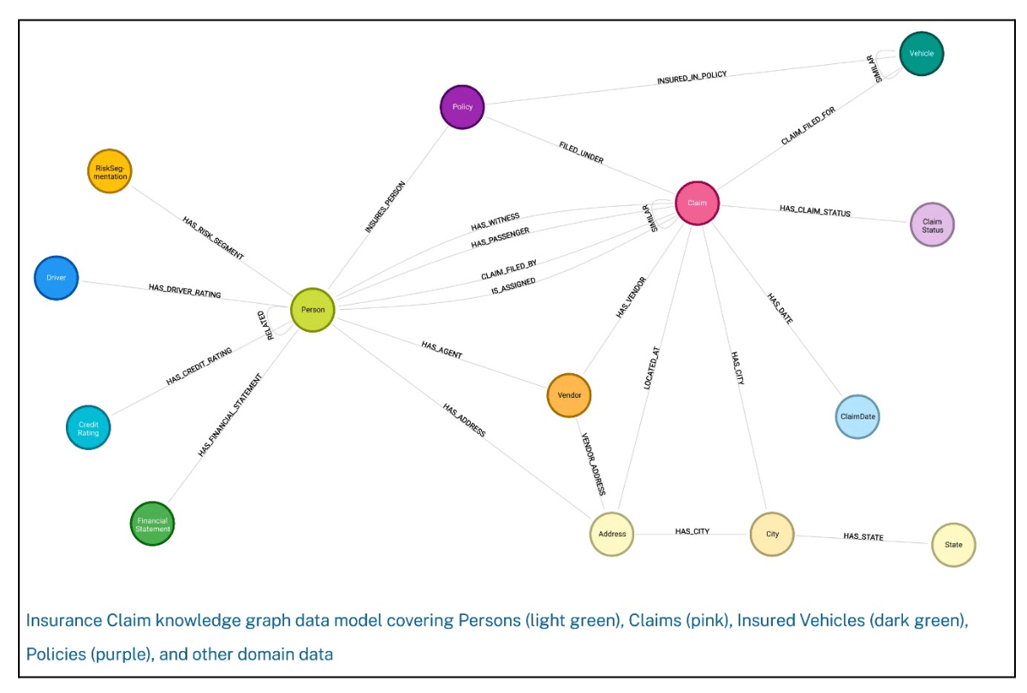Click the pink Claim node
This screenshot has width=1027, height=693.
698,203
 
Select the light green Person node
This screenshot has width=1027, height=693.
312,310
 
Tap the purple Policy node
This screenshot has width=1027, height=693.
462,107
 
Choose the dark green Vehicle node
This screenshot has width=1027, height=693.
921,53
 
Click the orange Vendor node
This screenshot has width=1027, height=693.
569,395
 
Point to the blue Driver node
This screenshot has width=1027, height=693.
56,278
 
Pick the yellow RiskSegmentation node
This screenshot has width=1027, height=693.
110,170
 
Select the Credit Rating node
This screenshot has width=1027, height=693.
88,427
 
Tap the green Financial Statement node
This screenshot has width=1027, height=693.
153,523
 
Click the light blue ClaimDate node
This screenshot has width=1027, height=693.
857,417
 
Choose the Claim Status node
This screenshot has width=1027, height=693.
932,225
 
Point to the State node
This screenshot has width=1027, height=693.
953,544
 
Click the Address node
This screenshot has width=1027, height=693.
612,534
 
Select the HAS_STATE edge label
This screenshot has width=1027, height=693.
863,537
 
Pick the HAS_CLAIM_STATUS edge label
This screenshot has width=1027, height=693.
815,210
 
